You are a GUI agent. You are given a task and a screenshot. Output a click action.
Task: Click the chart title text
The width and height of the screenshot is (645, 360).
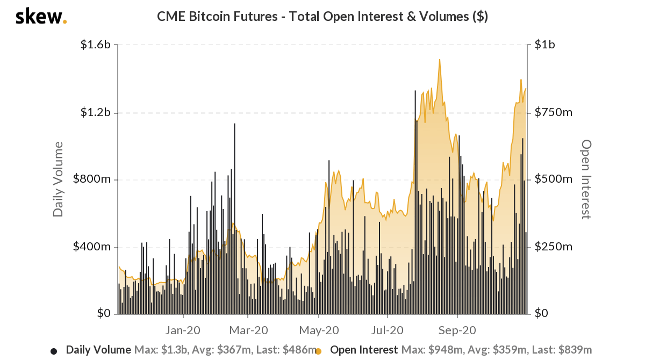(x=322, y=17)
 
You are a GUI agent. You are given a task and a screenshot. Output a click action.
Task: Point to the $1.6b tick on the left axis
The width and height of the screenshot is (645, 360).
(x=96, y=45)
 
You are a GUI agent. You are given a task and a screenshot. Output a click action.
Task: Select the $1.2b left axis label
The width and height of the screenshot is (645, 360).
(x=96, y=112)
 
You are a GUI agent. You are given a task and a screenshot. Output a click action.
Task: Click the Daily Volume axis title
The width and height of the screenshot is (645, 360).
(x=58, y=179)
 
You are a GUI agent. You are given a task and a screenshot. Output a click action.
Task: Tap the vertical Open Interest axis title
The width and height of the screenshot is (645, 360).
(x=586, y=179)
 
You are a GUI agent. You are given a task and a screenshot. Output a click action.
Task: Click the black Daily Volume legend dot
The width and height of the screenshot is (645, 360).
(x=54, y=351)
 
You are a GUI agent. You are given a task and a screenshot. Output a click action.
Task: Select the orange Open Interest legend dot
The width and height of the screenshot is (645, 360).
(x=318, y=351)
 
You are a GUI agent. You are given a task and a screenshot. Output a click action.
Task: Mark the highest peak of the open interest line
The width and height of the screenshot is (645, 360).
(x=440, y=60)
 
